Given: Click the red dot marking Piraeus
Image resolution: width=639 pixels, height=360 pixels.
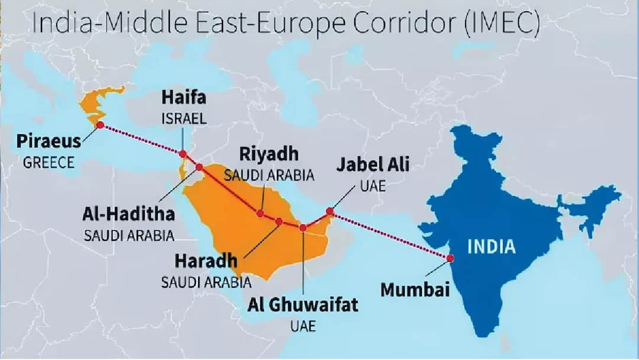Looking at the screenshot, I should [x=100, y=125].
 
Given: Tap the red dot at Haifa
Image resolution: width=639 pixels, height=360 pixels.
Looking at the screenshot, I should [x=183, y=154].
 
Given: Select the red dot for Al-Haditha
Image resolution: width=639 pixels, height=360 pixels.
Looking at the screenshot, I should [x=199, y=167].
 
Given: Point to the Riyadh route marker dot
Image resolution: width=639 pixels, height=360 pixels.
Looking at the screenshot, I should [x=260, y=213].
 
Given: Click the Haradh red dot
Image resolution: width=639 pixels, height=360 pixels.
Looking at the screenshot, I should [x=279, y=221].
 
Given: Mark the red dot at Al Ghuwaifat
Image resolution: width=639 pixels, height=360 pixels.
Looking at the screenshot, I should [x=303, y=227].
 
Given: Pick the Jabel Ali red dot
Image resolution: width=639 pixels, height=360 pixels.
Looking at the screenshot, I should [x=330, y=211].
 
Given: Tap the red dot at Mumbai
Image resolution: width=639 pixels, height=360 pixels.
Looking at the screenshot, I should [x=450, y=258].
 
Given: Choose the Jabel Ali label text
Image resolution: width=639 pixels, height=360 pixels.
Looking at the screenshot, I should [x=373, y=165].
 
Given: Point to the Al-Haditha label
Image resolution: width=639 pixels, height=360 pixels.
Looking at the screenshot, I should [x=128, y=215].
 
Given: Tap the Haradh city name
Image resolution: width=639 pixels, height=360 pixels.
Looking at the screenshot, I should [x=206, y=261].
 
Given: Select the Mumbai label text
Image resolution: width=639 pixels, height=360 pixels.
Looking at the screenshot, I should [x=415, y=290].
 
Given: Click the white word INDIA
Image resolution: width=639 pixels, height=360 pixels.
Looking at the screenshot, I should [x=492, y=246].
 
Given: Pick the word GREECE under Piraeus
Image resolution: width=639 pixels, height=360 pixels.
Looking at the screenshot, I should [x=49, y=162].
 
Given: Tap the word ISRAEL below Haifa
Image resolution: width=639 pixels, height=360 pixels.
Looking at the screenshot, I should [x=184, y=118].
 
